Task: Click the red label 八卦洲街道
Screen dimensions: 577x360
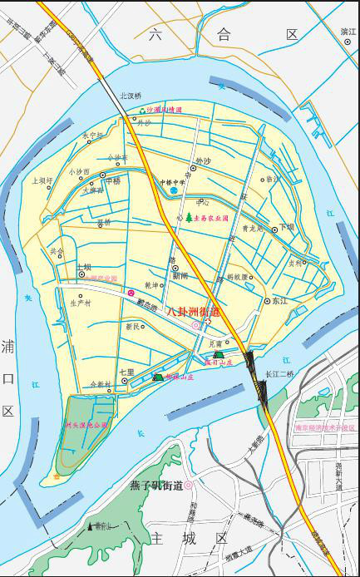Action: pyautogui.click(x=195, y=312)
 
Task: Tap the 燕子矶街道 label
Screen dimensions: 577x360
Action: pyautogui.click(x=155, y=485)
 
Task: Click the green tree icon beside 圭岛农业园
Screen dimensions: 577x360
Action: pyautogui.click(x=189, y=217)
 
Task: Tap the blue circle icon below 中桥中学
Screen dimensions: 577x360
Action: pyautogui.click(x=174, y=191)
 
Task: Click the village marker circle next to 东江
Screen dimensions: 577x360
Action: pyautogui.click(x=267, y=301)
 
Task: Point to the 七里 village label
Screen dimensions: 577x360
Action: pyautogui.click(x=126, y=372)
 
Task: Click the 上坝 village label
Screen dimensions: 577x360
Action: pyautogui.click(x=84, y=268)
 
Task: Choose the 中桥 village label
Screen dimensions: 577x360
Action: pyautogui.click(x=113, y=180)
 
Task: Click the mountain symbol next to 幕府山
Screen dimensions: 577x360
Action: pyautogui.click(x=90, y=526)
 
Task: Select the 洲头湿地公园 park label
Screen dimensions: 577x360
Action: pyautogui.click(x=86, y=425)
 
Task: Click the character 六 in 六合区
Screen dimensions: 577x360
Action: pyautogui.click(x=155, y=34)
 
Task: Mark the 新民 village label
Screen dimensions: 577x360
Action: pyautogui.click(x=133, y=327)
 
